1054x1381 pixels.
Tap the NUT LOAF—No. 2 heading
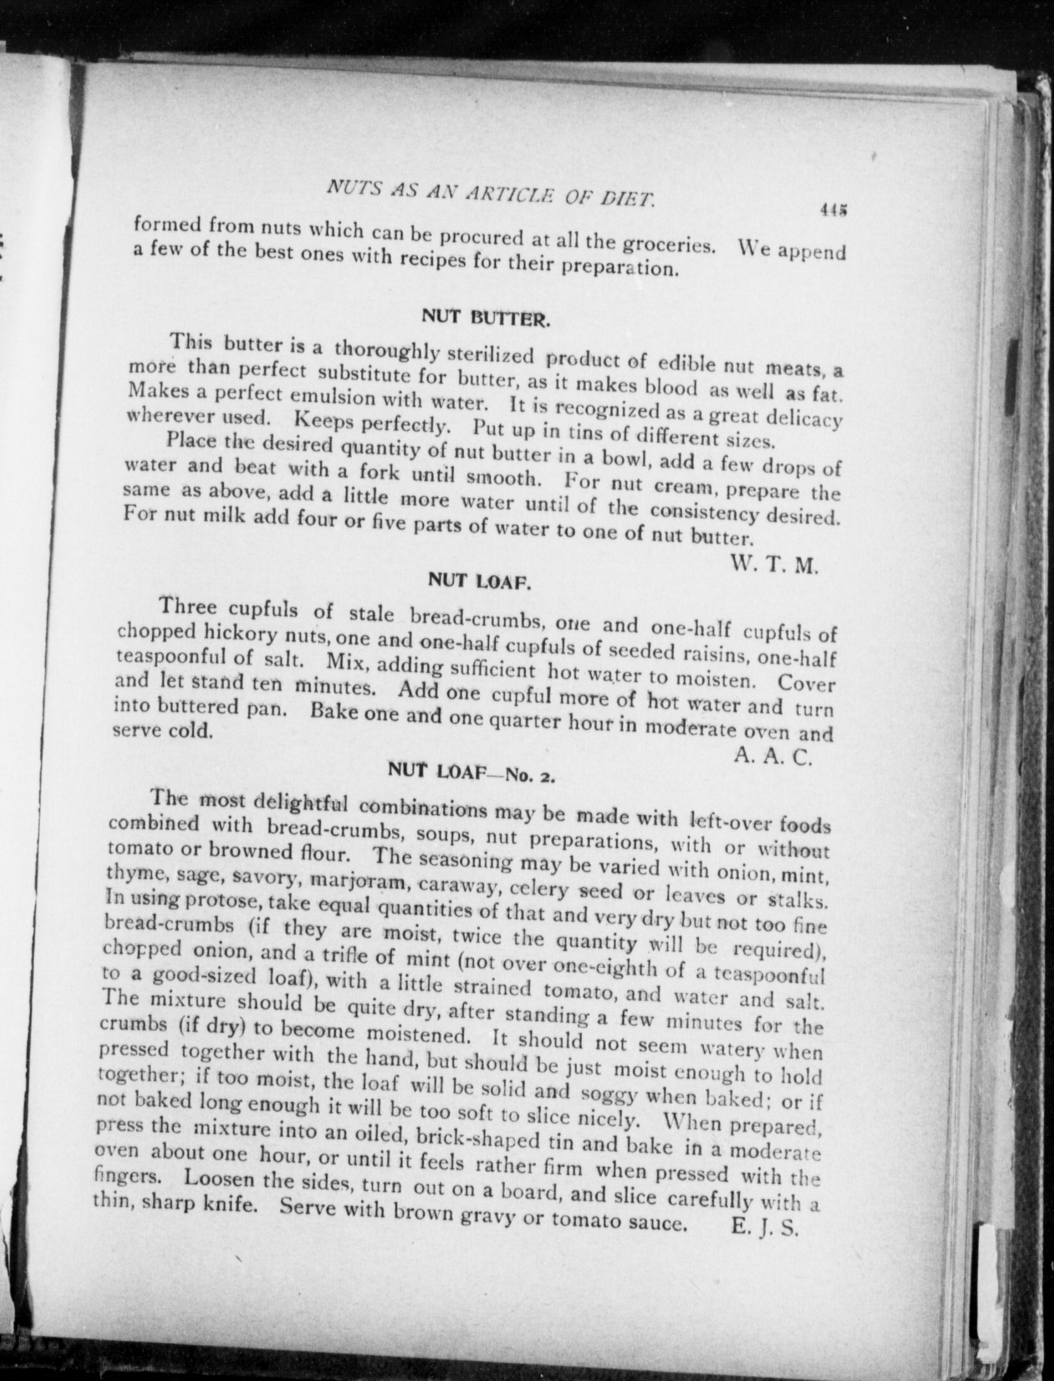coord(472,772)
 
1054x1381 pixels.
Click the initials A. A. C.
coord(771,756)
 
